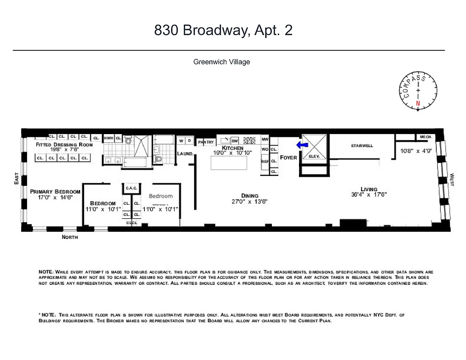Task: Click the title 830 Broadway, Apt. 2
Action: [223, 30]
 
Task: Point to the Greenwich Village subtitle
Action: [222, 62]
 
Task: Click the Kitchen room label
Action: [233, 148]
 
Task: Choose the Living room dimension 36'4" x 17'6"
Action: [369, 195]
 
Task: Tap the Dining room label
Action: [250, 196]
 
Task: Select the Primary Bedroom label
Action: [55, 192]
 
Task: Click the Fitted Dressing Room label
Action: [64, 144]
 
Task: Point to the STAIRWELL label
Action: [362, 146]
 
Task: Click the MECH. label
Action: [426, 137]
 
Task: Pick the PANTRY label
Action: [206, 142]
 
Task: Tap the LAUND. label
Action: [185, 154]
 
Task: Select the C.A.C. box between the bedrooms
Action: [131, 188]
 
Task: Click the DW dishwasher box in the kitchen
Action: [235, 141]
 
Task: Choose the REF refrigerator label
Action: [265, 161]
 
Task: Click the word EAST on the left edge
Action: [16, 180]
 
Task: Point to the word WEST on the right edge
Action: [452, 180]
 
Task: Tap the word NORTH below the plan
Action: [70, 237]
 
